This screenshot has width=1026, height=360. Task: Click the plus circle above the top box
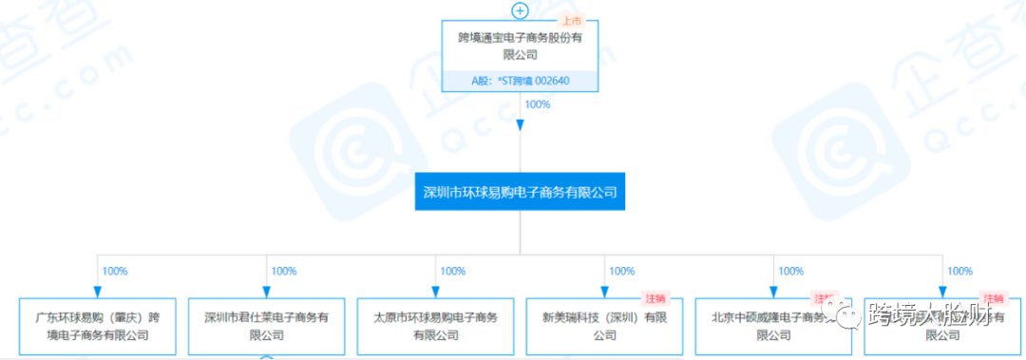520,11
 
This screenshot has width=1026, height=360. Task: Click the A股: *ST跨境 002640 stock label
520,82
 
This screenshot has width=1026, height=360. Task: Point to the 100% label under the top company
538,104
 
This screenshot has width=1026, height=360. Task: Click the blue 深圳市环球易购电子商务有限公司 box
520,192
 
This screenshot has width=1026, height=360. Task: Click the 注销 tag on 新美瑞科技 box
655,298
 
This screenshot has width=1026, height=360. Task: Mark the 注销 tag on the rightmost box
993,298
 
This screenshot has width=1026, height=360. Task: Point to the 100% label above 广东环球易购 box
115,271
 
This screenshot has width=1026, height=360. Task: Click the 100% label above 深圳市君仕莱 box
284,271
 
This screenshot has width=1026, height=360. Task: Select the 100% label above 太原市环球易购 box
453,271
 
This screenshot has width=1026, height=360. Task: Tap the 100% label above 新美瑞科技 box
622,271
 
